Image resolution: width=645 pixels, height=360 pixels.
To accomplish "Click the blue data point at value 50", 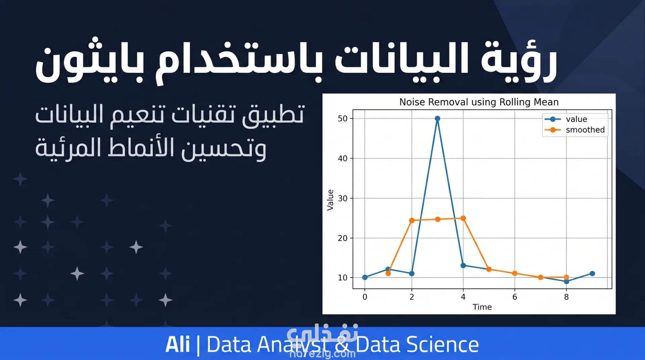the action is (x=437, y=119).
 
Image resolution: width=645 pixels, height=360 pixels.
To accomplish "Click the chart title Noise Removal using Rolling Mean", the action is (x=479, y=102).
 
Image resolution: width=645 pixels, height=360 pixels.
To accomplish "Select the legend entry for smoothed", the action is (x=575, y=130).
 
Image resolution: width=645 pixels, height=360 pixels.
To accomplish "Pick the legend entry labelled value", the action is (x=566, y=119).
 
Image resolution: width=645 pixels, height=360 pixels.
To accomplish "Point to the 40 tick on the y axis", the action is (x=342, y=159).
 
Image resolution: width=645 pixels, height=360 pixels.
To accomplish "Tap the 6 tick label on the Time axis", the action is (x=515, y=297).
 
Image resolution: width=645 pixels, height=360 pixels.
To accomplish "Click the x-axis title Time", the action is (x=482, y=307).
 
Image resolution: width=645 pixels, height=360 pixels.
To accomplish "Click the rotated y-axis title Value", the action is (x=330, y=200).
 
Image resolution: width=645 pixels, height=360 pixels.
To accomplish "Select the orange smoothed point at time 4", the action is (x=463, y=218).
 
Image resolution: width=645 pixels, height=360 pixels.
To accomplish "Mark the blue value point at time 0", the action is (x=365, y=277).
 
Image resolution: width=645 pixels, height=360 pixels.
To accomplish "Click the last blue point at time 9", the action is (x=592, y=274).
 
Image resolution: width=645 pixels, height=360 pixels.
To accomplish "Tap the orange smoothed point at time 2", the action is (x=412, y=221).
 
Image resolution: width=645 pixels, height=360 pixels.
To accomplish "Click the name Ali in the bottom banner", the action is (x=177, y=345).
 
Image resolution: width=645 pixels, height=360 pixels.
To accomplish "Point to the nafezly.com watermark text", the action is (x=322, y=354).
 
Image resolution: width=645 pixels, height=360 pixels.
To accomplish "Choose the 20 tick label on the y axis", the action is (x=342, y=238).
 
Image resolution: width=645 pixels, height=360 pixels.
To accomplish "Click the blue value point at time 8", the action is (x=566, y=281).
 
